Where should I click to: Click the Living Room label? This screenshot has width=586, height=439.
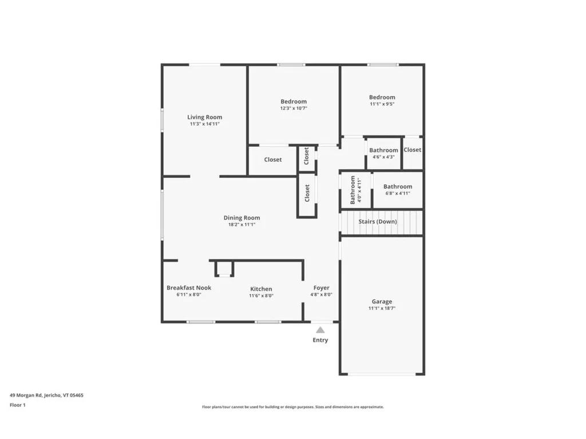point(204,117)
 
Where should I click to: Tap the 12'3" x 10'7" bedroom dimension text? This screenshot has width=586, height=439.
point(294,108)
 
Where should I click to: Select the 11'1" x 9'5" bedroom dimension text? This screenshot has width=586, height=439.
point(382,104)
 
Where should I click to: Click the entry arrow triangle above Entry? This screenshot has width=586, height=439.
point(320,330)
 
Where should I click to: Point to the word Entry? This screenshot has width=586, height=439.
point(320,340)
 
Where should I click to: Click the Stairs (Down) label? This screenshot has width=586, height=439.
point(378,221)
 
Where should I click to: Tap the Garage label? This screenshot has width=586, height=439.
point(382,301)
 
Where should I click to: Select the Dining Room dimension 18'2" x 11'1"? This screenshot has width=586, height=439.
point(241,225)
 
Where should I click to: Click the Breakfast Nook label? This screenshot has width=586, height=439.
point(189,288)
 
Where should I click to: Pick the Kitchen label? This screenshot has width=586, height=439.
point(261,289)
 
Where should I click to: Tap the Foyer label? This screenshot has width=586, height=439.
point(321,288)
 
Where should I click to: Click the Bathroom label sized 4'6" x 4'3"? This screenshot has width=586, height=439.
point(383,150)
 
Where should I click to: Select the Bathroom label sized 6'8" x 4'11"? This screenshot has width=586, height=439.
point(398,186)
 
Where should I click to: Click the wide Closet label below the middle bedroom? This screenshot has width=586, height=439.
point(273,159)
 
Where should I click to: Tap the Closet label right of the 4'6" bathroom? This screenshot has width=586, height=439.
point(412,150)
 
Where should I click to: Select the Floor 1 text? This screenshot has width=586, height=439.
point(18,405)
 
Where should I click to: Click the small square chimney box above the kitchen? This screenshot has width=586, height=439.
point(224,269)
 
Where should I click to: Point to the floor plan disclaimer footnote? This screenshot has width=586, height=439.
point(292,407)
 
